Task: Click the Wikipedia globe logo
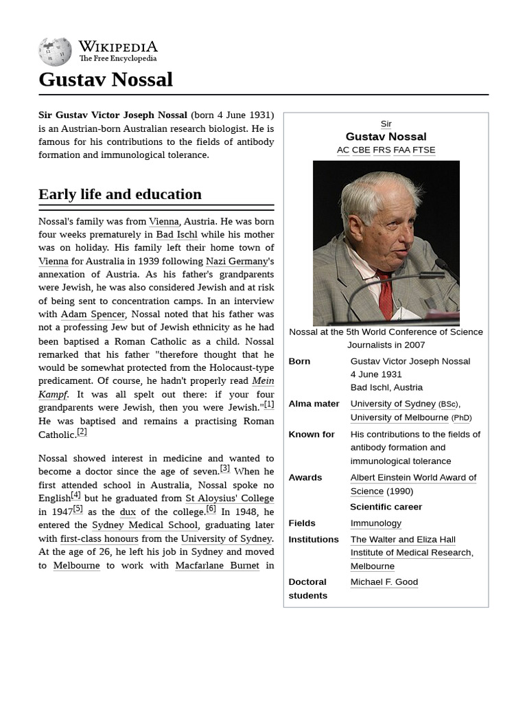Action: click(x=55, y=52)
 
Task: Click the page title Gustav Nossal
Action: click(x=106, y=80)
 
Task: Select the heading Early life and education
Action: click(x=120, y=194)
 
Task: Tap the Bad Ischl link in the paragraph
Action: click(x=176, y=235)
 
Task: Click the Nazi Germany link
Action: click(x=237, y=262)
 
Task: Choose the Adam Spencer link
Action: click(x=93, y=314)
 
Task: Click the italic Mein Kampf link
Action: click(x=263, y=381)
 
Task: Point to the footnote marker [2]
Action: click(x=82, y=432)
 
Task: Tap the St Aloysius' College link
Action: click(x=229, y=498)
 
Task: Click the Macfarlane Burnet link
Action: click(x=217, y=566)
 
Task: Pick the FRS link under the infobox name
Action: click(x=382, y=150)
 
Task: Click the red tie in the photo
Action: click(x=385, y=295)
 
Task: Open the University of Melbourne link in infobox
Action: click(x=399, y=417)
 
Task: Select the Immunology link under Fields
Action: click(x=375, y=523)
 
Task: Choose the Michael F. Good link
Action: click(x=384, y=582)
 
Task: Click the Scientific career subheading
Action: click(x=386, y=507)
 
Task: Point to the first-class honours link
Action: click(x=99, y=539)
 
